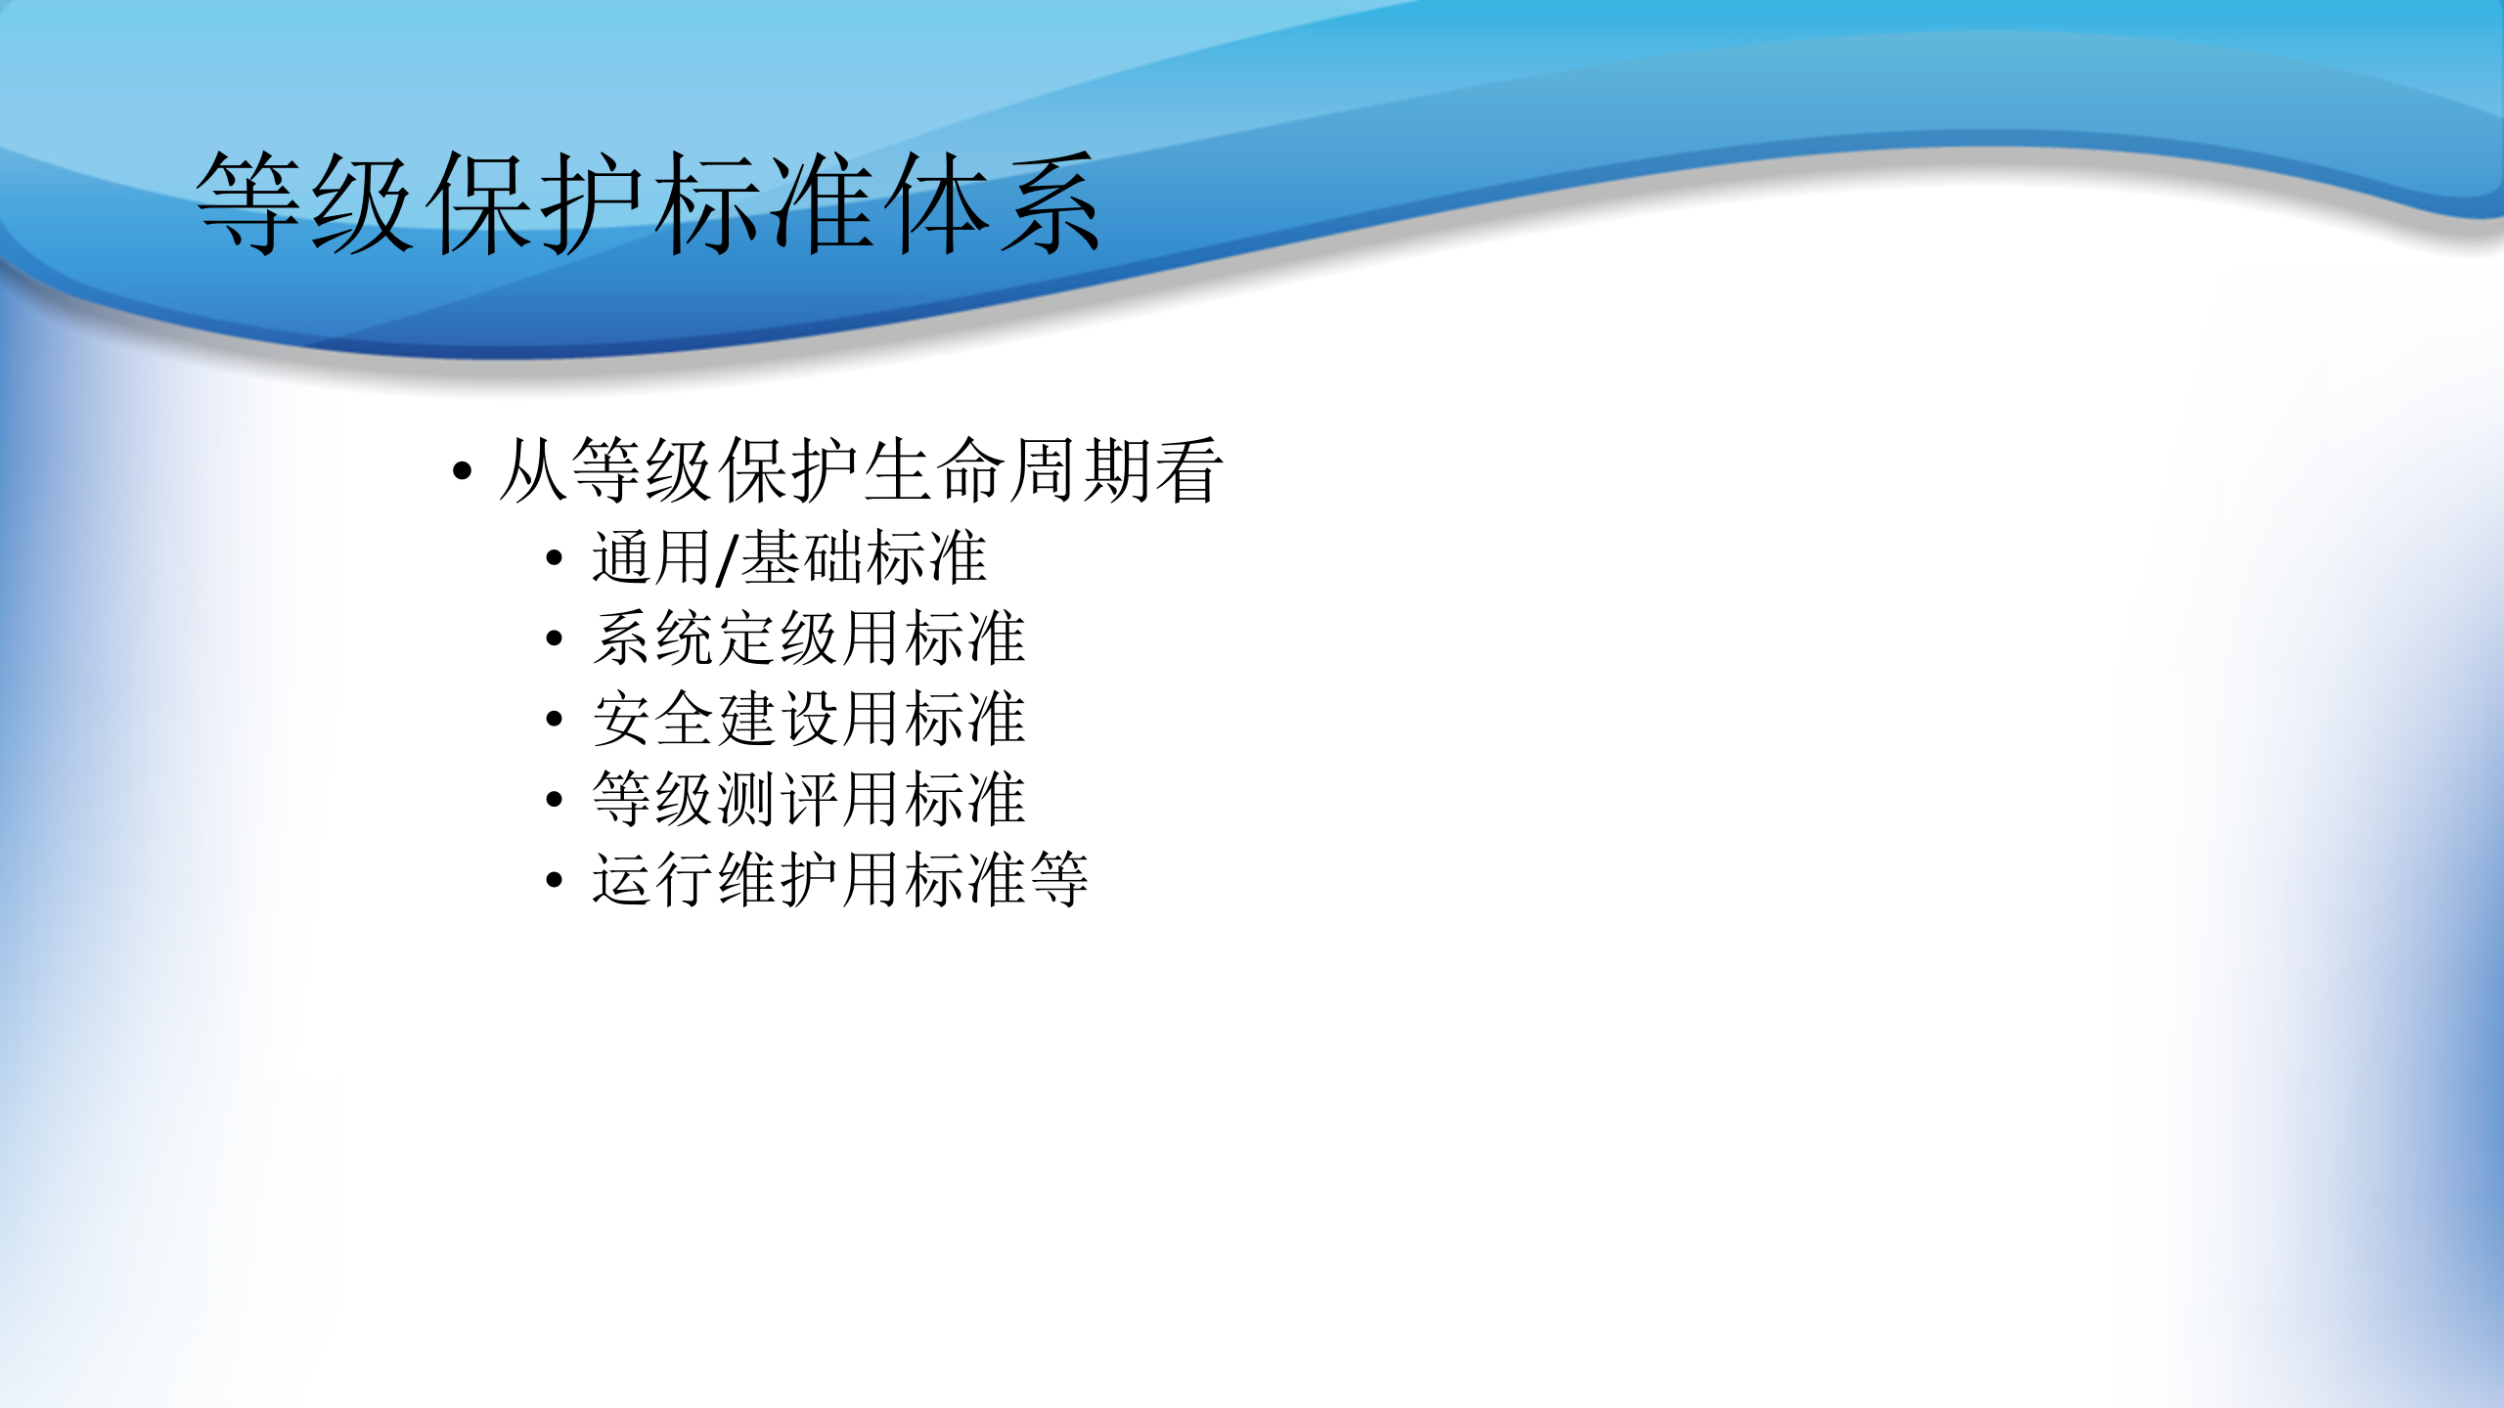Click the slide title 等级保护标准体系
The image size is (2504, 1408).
point(648,203)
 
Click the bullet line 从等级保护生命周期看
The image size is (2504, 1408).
point(860,471)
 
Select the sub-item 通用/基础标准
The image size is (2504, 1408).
point(789,558)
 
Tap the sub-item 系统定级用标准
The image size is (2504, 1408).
point(809,638)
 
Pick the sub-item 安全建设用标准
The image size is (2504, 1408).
point(809,719)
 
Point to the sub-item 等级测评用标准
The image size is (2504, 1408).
point(809,799)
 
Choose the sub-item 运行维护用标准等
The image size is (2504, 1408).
point(840,879)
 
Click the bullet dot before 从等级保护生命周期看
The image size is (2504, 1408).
point(463,472)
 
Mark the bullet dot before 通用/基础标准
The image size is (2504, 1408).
point(555,559)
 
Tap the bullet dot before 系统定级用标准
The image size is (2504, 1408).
point(555,639)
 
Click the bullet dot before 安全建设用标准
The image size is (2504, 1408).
point(555,720)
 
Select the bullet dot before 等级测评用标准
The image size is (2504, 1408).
point(555,800)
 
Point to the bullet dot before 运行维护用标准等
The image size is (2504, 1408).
point(555,880)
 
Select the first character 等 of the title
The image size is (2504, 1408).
point(248,203)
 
